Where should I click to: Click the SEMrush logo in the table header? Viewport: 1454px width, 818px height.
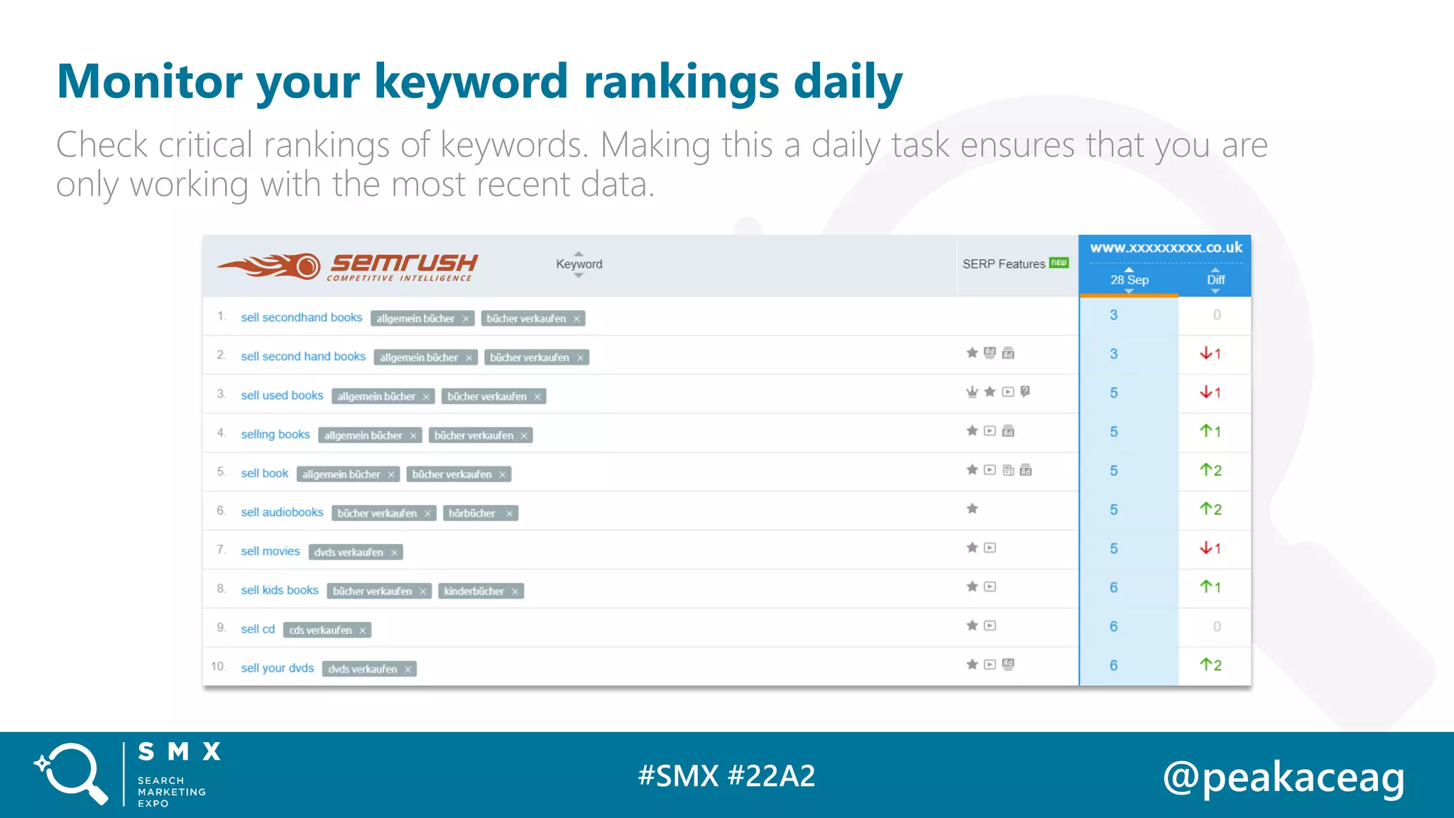pos(348,266)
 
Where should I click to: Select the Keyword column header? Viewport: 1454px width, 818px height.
pos(579,264)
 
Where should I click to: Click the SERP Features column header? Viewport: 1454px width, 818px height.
pos(1004,264)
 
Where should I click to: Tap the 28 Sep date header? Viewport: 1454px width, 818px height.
pos(1129,280)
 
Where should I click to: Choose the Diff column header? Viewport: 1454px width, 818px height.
pos(1215,280)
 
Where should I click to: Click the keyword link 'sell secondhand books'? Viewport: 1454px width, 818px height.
pos(301,317)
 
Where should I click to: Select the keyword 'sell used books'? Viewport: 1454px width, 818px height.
pos(282,396)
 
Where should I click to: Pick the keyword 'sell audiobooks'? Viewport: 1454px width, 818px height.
pos(282,512)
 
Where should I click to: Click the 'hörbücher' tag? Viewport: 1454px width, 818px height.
pos(472,513)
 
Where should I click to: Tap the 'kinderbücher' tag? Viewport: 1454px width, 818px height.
pos(474,591)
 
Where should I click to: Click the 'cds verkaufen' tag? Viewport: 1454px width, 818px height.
pos(320,631)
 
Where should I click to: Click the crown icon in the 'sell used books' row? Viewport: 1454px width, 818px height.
pos(972,392)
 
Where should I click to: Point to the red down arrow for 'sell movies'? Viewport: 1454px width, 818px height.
pos(1206,548)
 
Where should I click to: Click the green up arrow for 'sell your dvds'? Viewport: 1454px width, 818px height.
pos(1206,665)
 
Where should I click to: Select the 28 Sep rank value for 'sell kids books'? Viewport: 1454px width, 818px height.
pos(1113,588)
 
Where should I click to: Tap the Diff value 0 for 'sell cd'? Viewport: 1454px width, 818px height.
pos(1216,626)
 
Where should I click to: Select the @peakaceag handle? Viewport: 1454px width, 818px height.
pos(1283,778)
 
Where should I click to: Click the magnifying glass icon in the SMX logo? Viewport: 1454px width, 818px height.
pos(72,773)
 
